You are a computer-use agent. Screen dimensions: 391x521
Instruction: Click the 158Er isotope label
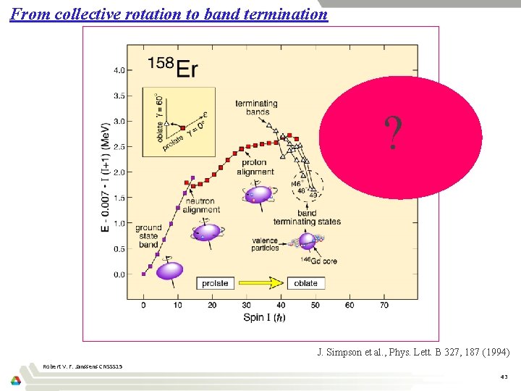point(173,67)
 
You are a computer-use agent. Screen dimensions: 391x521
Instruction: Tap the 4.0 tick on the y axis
point(117,70)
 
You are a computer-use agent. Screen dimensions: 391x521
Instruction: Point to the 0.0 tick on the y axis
point(117,274)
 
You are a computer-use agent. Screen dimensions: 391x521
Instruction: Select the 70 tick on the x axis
point(384,305)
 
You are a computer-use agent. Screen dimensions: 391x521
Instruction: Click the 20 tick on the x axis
point(212,305)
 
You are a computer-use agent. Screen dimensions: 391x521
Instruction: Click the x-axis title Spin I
point(263,318)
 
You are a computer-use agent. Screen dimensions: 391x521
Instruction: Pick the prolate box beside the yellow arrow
point(215,283)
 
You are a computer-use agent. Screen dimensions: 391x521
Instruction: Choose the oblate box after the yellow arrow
point(306,283)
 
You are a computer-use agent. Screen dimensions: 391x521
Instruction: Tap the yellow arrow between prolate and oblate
point(260,283)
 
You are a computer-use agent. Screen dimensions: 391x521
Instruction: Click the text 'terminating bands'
point(257,107)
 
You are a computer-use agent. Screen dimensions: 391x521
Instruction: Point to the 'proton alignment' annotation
point(255,167)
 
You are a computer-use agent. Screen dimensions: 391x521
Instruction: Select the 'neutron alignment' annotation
point(201,206)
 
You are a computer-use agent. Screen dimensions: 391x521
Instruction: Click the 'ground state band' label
point(148,236)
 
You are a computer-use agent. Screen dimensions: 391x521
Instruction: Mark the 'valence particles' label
point(266,244)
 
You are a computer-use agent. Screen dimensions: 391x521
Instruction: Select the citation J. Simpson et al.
point(413,353)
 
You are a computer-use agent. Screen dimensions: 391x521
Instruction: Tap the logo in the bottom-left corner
point(16,381)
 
